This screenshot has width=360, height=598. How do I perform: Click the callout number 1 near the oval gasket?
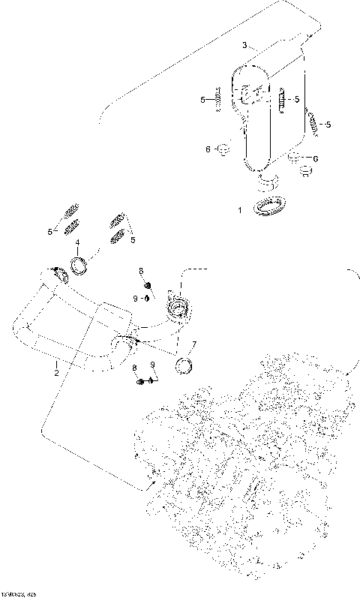[x=240, y=211]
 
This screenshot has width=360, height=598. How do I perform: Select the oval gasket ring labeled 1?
[x=271, y=206]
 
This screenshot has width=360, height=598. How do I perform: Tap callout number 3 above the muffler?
[x=244, y=46]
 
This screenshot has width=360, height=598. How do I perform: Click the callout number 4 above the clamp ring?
[x=77, y=242]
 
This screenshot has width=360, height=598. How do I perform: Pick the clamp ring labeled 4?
[x=79, y=264]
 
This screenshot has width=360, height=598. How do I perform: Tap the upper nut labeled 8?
[x=147, y=285]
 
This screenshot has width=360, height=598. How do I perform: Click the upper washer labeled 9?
[x=147, y=298]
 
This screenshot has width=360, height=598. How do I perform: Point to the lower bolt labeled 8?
[x=141, y=382]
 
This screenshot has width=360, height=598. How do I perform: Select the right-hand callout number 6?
[x=315, y=159]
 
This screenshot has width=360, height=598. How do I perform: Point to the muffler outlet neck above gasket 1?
[x=266, y=182]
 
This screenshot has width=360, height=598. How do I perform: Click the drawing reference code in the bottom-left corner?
[x=18, y=593]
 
